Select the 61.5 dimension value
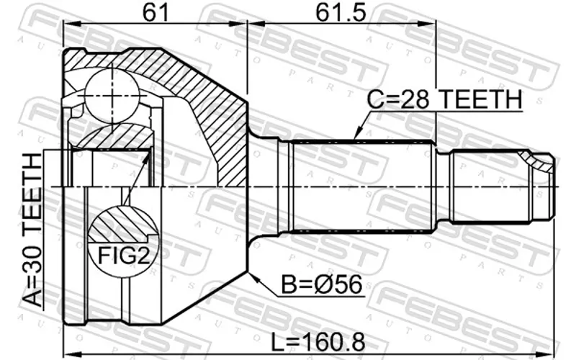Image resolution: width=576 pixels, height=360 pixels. pyautogui.click(x=341, y=12)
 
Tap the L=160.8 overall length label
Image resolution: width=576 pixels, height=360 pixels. pyautogui.click(x=318, y=342)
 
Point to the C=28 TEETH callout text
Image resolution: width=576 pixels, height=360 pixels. pyautogui.click(x=444, y=99)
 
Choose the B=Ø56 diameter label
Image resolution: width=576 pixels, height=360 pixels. pyautogui.click(x=322, y=284)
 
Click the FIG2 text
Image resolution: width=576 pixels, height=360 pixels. pyautogui.click(x=123, y=256)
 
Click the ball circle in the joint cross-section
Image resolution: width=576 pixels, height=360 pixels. pyautogui.click(x=112, y=96)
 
